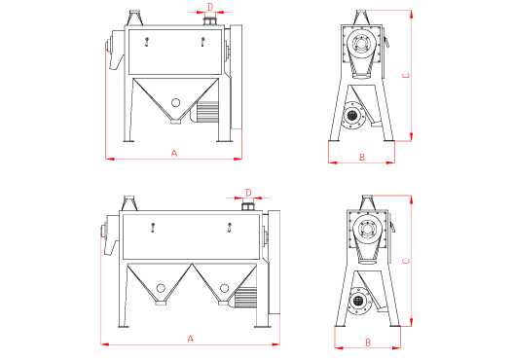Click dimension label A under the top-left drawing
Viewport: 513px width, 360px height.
(x=174, y=153)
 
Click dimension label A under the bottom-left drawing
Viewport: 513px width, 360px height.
(x=191, y=339)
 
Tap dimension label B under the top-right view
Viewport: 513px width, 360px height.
(x=362, y=158)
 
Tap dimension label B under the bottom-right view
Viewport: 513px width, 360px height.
(x=368, y=342)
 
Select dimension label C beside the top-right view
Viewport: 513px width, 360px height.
(x=406, y=76)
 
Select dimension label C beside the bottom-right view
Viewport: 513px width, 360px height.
(x=406, y=261)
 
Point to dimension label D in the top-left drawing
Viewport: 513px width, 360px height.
(x=210, y=7)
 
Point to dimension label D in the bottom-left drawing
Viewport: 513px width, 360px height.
(x=248, y=193)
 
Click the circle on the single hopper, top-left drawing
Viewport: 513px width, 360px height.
(x=175, y=103)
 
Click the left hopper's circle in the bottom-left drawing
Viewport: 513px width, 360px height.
(x=161, y=288)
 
